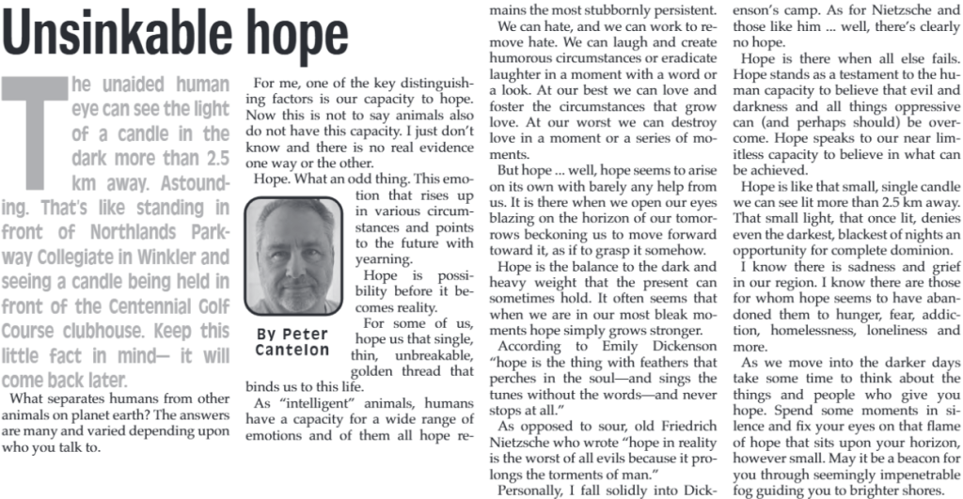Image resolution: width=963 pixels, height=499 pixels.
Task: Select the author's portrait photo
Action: click(292, 256)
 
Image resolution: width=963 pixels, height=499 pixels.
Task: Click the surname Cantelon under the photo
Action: click(292, 351)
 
